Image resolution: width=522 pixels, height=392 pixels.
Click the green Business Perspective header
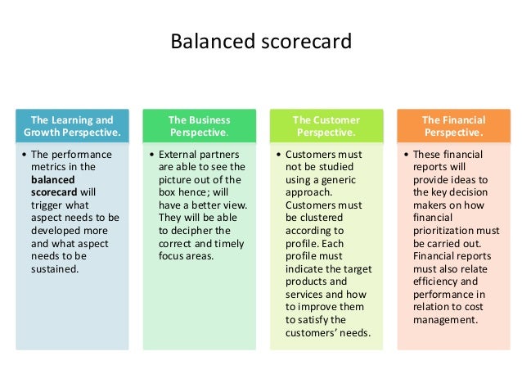click(x=199, y=126)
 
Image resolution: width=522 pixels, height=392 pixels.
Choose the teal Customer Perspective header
click(x=326, y=126)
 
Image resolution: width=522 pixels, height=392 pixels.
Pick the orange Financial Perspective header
click(x=453, y=126)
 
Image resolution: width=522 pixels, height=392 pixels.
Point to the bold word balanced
click(x=52, y=179)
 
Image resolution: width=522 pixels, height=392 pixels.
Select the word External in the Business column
click(x=178, y=154)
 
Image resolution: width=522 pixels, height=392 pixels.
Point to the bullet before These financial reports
click(x=407, y=154)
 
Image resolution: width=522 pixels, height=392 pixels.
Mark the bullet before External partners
click(x=152, y=154)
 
